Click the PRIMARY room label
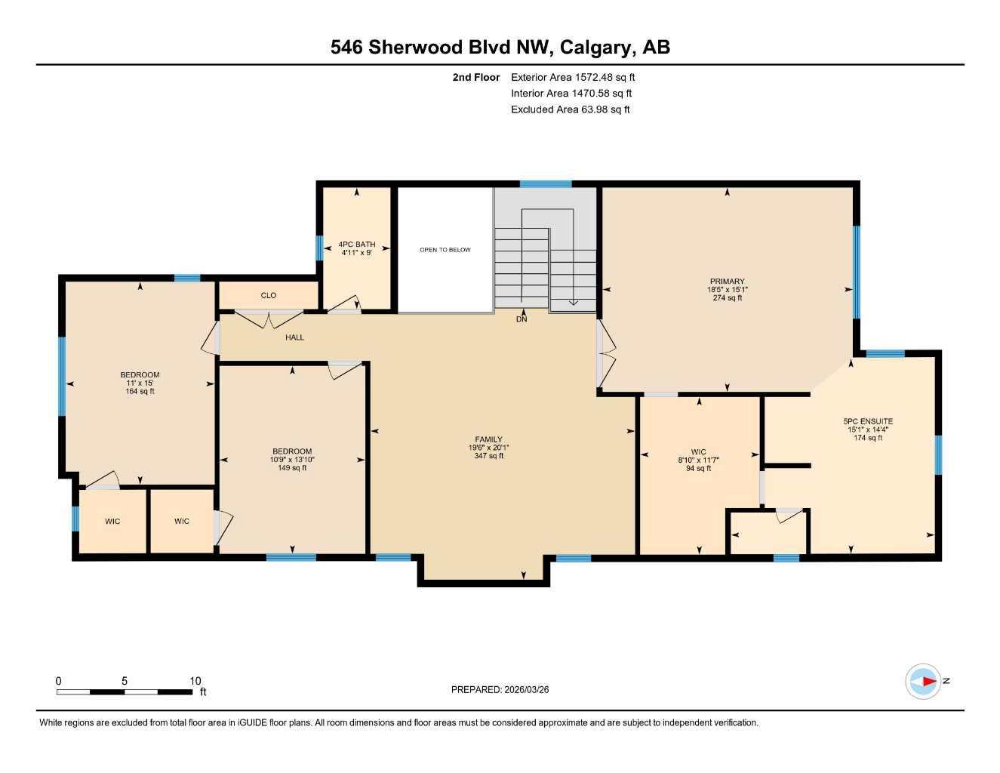click(727, 282)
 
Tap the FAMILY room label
click(488, 439)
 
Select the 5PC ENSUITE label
click(868, 421)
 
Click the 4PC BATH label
click(356, 245)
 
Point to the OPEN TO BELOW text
click(445, 250)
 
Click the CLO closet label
click(269, 295)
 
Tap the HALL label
click(294, 337)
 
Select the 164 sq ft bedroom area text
click(140, 392)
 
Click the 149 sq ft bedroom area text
click(292, 468)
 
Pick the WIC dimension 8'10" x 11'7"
click(698, 460)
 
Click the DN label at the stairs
click(522, 319)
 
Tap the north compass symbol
click(924, 681)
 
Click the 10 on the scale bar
click(195, 681)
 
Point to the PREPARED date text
click(500, 689)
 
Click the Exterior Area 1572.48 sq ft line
click(573, 77)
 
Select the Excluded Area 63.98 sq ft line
click(570, 109)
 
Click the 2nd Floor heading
click(475, 77)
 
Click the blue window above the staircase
click(545, 183)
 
